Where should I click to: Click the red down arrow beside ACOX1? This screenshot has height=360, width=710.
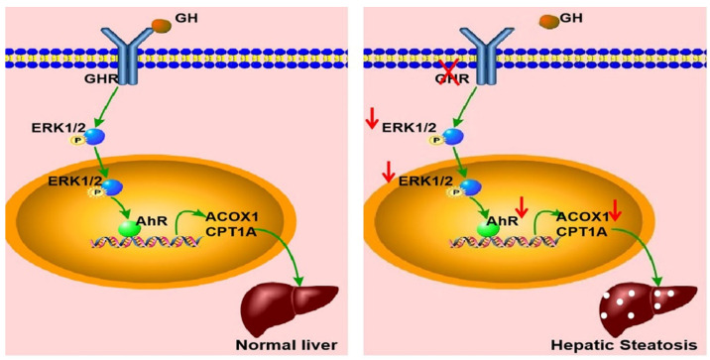(x=615, y=209)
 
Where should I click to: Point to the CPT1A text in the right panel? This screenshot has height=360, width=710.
(x=581, y=230)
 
